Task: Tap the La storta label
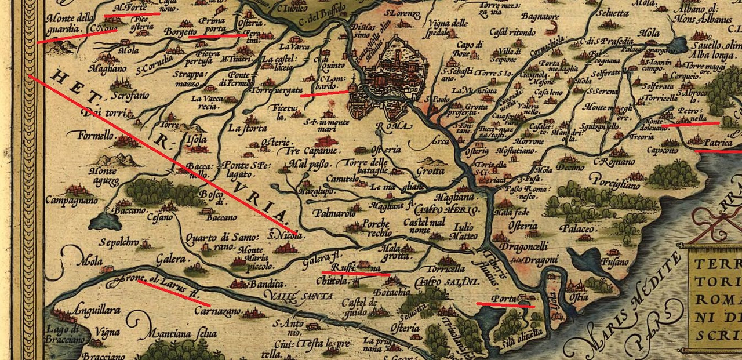point(248,128)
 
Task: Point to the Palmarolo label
point(331,213)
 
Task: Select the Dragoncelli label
point(519,246)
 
